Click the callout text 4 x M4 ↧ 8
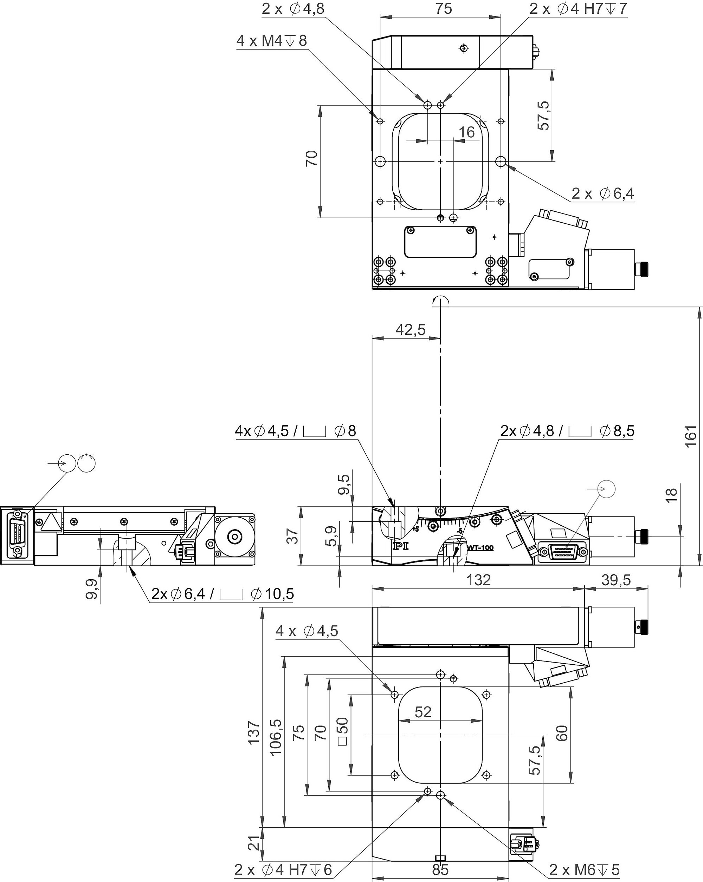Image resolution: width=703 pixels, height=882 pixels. [x=271, y=41]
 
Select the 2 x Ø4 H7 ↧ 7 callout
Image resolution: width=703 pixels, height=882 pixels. [x=578, y=8]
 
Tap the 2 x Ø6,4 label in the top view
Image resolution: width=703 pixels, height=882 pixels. [x=603, y=193]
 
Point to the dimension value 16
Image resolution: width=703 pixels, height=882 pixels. [x=466, y=132]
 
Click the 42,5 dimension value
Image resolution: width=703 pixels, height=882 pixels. [x=411, y=329]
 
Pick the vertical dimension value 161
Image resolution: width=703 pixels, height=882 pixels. [x=691, y=436]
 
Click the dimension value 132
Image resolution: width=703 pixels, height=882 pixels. [x=479, y=580]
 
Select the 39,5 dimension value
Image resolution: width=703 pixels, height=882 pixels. [x=616, y=580]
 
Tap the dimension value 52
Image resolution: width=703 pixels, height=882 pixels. [x=423, y=712]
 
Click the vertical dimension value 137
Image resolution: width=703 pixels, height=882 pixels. [x=254, y=733]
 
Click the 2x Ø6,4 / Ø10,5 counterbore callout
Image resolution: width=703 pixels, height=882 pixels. [x=222, y=594]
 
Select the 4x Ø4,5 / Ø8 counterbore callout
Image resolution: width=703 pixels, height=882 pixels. [x=296, y=431]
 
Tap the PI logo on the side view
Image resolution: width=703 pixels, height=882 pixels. [x=398, y=546]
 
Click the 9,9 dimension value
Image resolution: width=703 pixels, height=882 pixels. [x=92, y=589]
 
